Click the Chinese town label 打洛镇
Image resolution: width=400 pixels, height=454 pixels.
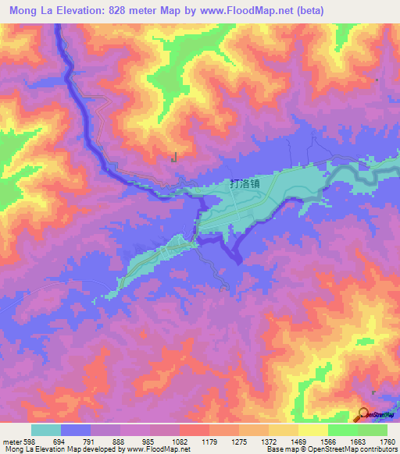[x=245, y=184]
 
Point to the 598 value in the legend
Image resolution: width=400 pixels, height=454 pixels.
[x=24, y=441]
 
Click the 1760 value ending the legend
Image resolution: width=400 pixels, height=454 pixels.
[x=387, y=441]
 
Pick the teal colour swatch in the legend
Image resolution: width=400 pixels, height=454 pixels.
[x=45, y=430]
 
